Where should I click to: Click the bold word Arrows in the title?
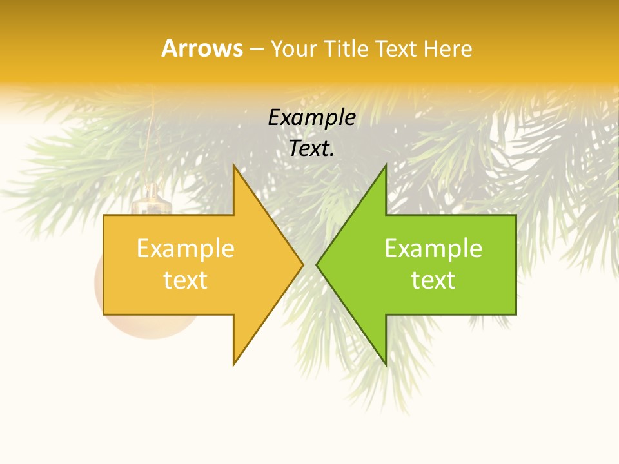pos(202,49)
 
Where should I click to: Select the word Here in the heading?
pos(448,49)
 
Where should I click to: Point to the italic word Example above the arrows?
pos(311,118)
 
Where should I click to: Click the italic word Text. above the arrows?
pos(311,149)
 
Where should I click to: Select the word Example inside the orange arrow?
pos(185,249)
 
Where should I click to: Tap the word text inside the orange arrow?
pos(185,280)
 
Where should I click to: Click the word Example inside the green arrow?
pos(433,249)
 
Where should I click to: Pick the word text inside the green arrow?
pos(433,280)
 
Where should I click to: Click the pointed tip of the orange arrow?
pos(302,264)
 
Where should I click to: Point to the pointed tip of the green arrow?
pos(318,264)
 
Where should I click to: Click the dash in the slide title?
pos(256,50)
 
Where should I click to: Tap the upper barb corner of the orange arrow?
pos(234,166)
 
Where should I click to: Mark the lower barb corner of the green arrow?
pos(386,364)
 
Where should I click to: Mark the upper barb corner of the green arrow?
pos(386,166)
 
